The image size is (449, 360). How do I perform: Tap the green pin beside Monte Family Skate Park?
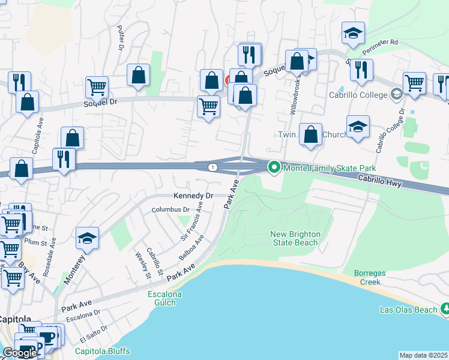[x=274, y=167]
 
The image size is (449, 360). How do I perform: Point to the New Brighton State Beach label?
[x=295, y=238]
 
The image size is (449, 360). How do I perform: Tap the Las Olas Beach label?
[x=408, y=310]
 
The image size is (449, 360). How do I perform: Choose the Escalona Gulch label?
[x=162, y=298]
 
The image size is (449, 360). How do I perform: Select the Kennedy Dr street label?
[x=193, y=196]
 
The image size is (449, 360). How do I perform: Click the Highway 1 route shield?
[x=212, y=167]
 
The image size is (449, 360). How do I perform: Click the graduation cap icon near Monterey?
[x=87, y=238]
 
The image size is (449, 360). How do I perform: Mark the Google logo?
[x=20, y=353]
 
